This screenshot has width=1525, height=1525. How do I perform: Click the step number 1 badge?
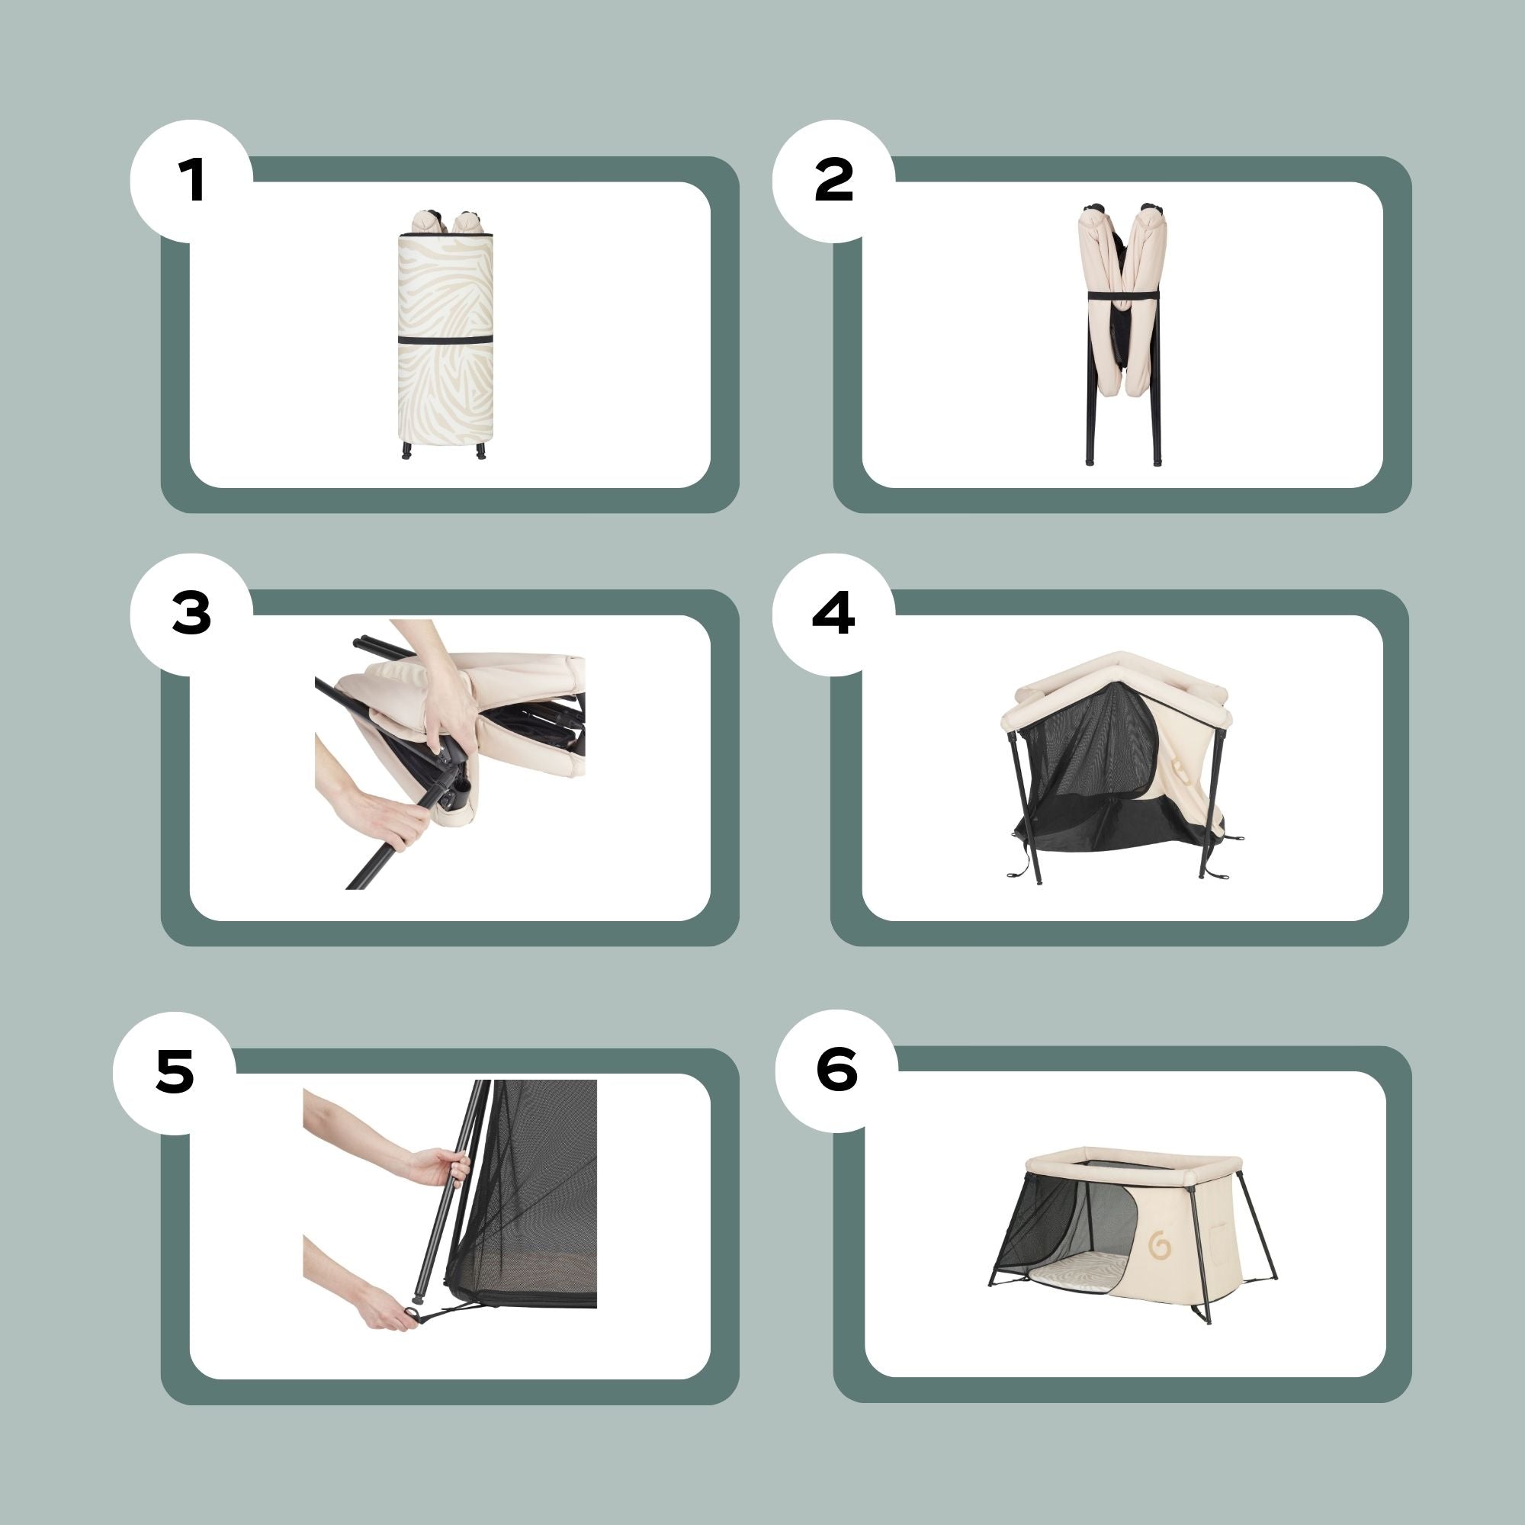[191, 181]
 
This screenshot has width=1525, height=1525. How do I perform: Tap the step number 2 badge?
[833, 181]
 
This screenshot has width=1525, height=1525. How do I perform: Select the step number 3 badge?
[191, 613]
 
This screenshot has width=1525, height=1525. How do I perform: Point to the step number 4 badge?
[833, 613]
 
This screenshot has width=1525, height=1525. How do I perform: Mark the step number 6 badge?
[836, 1071]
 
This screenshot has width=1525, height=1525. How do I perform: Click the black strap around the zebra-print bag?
[445, 339]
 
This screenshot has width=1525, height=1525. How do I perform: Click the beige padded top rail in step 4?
[1121, 671]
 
